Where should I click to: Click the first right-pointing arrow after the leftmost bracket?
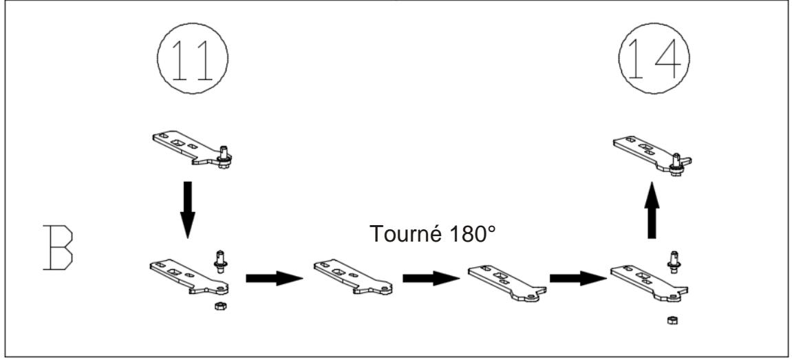pyautogui.click(x=275, y=278)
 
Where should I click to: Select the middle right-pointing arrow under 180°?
pyautogui.click(x=431, y=278)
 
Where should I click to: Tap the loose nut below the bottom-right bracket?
pyautogui.click(x=670, y=320)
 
